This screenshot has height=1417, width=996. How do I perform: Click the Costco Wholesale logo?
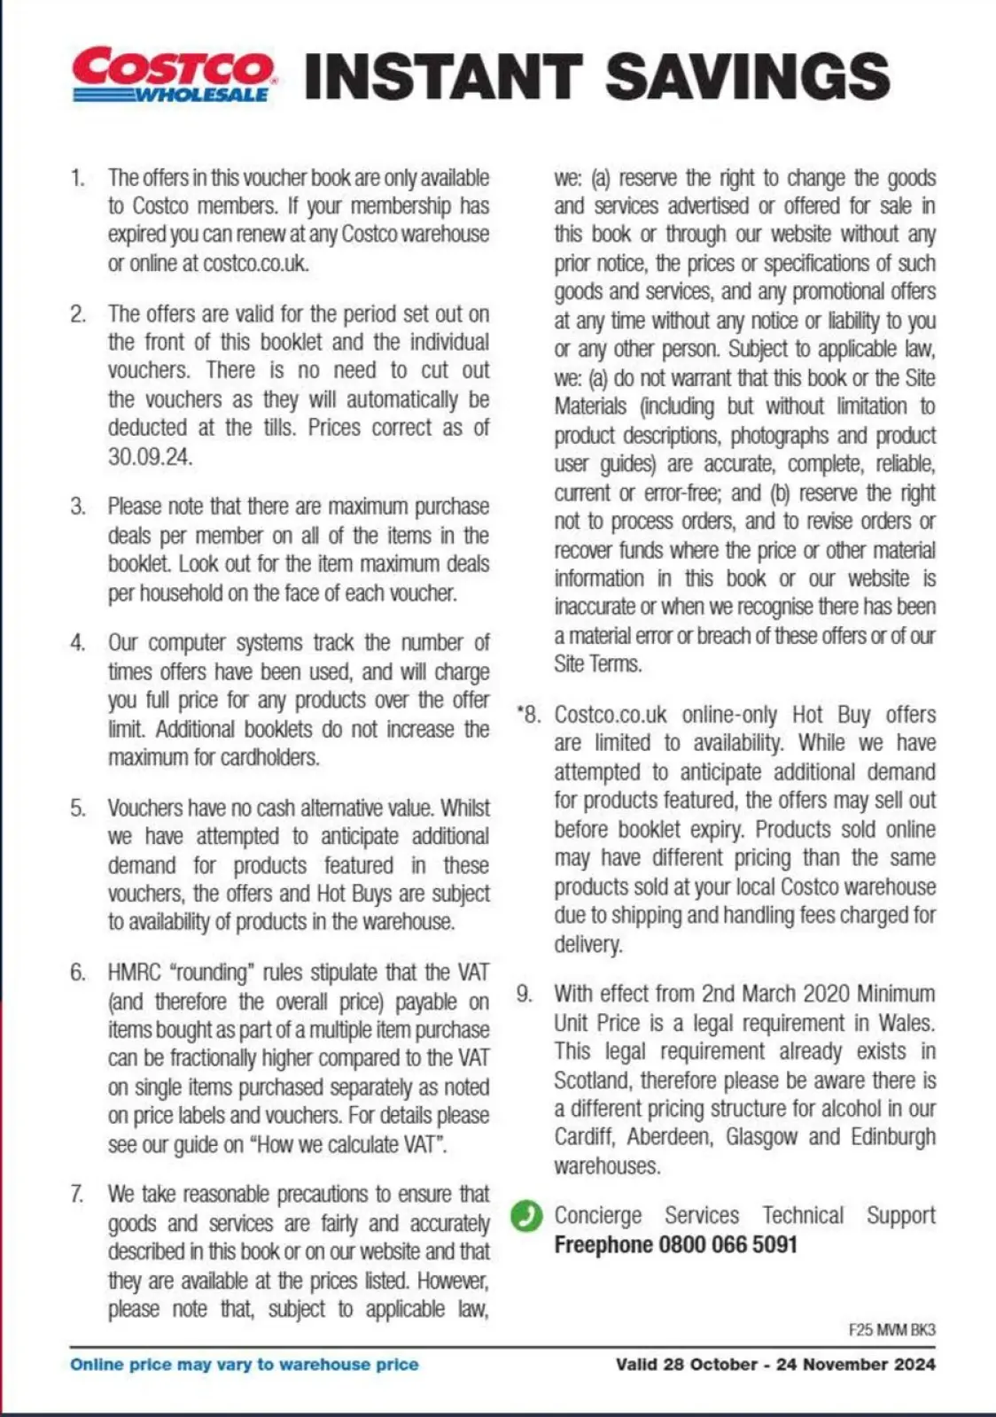tap(174, 75)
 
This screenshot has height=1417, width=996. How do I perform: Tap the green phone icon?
tap(526, 1216)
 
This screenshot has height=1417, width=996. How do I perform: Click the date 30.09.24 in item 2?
tap(150, 457)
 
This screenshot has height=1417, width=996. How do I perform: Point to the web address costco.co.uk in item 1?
tap(255, 263)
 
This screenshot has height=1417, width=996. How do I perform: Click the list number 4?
tap(78, 642)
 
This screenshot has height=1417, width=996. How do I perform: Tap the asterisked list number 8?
tap(528, 715)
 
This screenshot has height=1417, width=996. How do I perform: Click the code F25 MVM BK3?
tap(891, 1329)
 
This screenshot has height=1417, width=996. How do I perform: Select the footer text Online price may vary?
tap(245, 1365)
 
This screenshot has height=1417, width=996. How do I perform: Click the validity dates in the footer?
tap(775, 1365)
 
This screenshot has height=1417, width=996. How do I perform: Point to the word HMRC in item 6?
tap(135, 972)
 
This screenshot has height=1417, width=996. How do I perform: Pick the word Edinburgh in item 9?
tap(892, 1137)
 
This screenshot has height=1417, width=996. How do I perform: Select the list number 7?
tap(78, 1194)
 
